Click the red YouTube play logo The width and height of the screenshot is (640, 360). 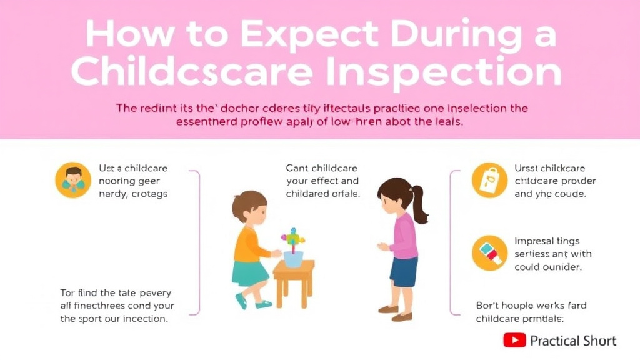(x=514, y=340)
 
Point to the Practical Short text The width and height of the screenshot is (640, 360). (x=573, y=341)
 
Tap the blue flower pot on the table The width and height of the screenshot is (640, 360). (x=292, y=258)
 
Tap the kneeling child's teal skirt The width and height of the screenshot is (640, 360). (x=250, y=274)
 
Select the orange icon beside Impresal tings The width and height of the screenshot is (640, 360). (x=489, y=252)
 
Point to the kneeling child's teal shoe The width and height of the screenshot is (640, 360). (x=241, y=301)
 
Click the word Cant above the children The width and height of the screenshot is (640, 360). (x=297, y=168)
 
